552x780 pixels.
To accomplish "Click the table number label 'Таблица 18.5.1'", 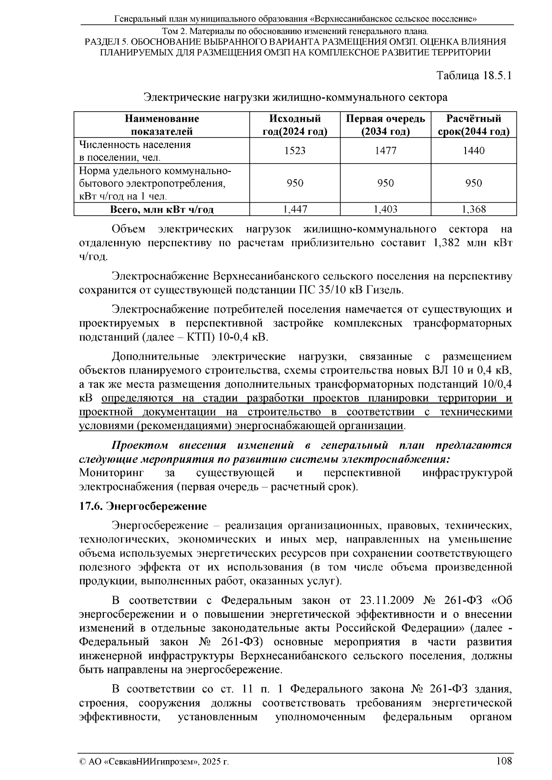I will [x=474, y=76].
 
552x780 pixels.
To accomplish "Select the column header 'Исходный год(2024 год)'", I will [x=294, y=125].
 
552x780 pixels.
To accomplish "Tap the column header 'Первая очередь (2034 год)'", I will [x=385, y=125].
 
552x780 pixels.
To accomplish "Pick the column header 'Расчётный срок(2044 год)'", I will [x=474, y=125].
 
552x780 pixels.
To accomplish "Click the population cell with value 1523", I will [x=294, y=151].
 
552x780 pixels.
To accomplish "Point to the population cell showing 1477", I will [x=385, y=151].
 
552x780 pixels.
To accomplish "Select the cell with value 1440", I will [x=474, y=151].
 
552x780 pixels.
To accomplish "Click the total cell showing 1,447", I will [x=294, y=210].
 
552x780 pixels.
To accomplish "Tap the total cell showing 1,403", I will [x=385, y=210].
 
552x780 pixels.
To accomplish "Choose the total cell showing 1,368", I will [x=474, y=210].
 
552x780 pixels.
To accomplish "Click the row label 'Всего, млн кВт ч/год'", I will [x=161, y=210].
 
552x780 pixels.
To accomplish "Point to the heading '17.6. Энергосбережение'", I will [x=143, y=507].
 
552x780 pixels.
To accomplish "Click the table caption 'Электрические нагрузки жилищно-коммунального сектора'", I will [x=295, y=97].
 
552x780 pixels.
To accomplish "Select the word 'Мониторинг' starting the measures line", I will [x=112, y=473].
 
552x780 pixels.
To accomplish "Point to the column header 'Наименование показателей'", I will [x=161, y=125].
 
